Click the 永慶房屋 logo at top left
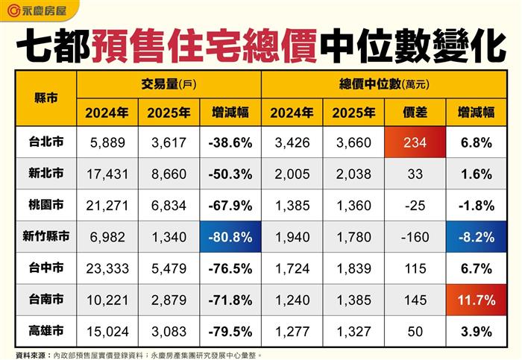37,10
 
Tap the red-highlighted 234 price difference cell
415,142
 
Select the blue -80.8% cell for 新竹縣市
230,237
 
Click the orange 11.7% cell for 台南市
477,300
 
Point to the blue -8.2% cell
477,237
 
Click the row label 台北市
46,142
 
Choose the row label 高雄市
46,331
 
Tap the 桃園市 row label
46,205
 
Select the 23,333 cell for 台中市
107,268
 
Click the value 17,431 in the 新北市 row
107,174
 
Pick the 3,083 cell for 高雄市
169,332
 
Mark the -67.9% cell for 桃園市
230,206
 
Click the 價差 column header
415,113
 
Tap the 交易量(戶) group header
169,84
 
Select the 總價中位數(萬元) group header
384,84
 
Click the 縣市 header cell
46,98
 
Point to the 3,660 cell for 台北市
353,143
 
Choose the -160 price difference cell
415,237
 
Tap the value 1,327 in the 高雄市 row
353,332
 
